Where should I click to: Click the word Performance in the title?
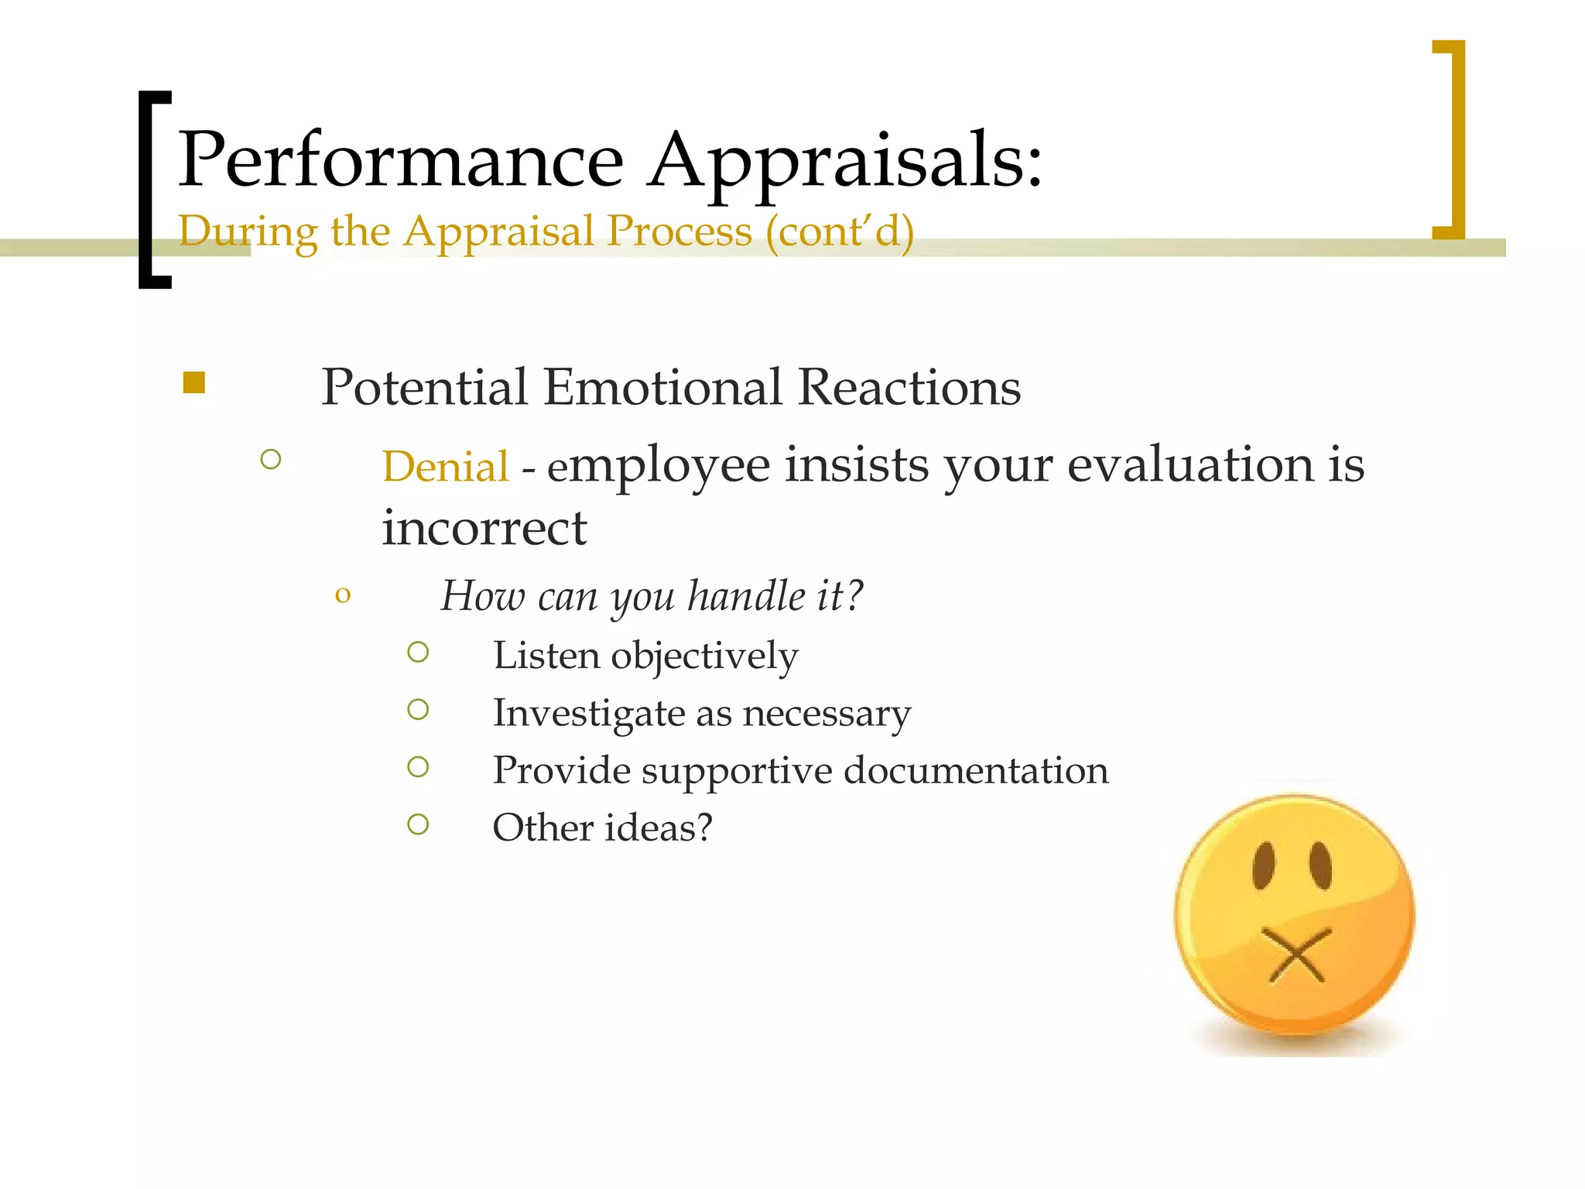click(x=401, y=160)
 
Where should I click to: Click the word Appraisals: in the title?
click(x=845, y=160)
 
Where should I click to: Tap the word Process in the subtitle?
click(x=679, y=231)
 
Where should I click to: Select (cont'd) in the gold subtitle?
click(x=840, y=231)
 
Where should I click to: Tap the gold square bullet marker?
click(x=194, y=382)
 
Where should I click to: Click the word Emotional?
click(x=662, y=387)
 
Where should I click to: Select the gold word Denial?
click(x=445, y=467)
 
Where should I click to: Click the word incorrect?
click(x=484, y=529)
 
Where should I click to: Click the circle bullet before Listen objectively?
click(x=418, y=653)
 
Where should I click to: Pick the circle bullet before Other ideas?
click(x=418, y=824)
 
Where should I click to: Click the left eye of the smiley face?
click(x=1263, y=865)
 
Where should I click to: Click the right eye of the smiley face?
click(x=1320, y=865)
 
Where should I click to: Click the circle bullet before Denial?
click(x=271, y=460)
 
